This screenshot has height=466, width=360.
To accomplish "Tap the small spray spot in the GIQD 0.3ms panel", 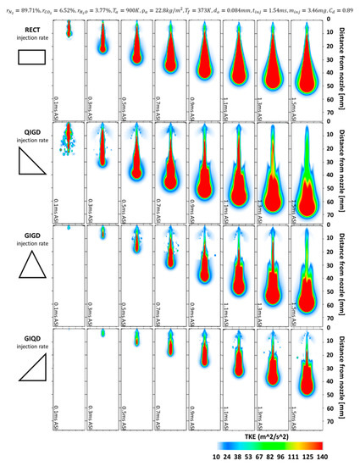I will pyautogui.click(x=102, y=334).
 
